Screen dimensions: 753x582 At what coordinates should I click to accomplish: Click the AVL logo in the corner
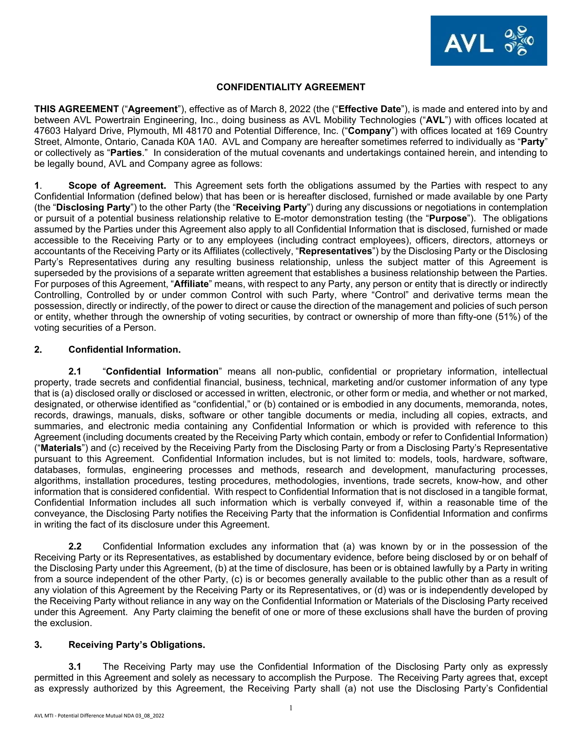click(488, 41)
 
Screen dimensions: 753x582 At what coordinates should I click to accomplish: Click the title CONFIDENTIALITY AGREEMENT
click(291, 87)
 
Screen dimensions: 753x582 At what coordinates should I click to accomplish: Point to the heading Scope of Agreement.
click(117, 186)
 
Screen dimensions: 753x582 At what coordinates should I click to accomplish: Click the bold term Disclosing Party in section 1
click(93, 207)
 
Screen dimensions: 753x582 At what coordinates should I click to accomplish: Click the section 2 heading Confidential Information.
click(124, 350)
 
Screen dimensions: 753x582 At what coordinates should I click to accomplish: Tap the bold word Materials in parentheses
click(61, 448)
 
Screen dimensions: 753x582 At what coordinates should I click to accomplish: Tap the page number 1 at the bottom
click(291, 708)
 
